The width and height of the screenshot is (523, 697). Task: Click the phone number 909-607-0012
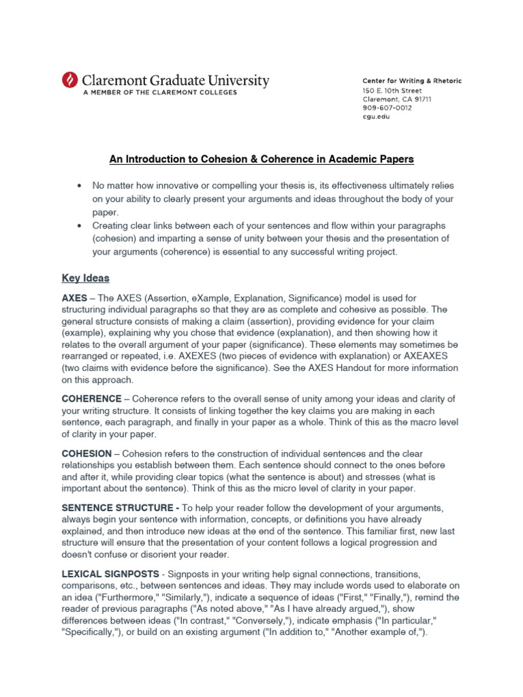click(386, 108)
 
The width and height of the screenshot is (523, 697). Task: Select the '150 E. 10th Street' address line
click(392, 90)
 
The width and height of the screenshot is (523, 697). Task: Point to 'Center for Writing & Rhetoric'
click(411, 80)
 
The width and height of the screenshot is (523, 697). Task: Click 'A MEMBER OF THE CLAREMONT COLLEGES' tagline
click(160, 93)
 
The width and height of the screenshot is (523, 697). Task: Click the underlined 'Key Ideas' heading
click(85, 278)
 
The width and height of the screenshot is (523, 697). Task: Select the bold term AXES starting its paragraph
click(75, 299)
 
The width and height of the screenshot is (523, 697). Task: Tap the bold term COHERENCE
click(92, 398)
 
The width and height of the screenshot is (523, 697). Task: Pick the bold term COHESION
click(86, 453)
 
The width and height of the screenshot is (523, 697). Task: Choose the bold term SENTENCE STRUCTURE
click(118, 508)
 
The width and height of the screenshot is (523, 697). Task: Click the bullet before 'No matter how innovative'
click(80, 186)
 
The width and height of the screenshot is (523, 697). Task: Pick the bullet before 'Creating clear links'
click(80, 225)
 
